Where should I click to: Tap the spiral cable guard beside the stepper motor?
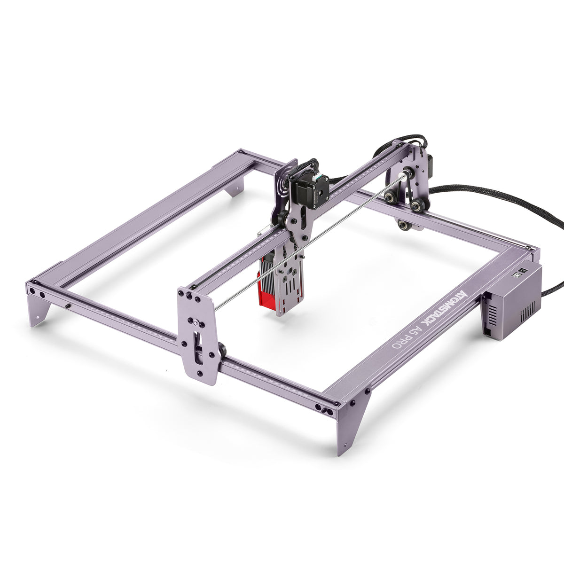(282, 180)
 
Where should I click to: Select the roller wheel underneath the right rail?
(403, 225)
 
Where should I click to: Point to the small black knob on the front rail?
(68, 305)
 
